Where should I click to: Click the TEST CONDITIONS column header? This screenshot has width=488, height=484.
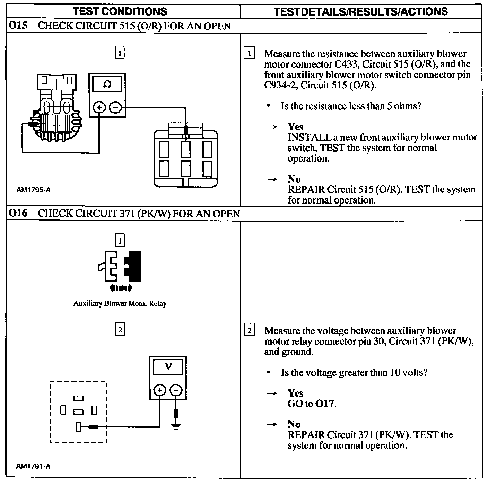tap(120, 11)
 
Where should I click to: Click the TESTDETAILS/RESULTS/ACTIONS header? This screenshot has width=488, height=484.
tap(360, 11)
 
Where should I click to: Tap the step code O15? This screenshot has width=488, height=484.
tap(18, 26)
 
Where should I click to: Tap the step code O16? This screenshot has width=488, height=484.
tap(18, 213)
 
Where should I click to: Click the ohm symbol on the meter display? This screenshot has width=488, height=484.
tap(107, 85)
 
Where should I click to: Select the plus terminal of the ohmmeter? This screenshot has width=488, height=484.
tap(99, 107)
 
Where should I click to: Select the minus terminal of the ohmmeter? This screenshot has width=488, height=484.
tap(115, 107)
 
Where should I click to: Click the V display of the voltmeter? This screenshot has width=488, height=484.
tap(168, 366)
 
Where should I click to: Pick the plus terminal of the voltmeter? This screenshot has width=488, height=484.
tap(160, 390)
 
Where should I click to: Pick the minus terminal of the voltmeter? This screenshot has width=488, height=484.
tap(176, 390)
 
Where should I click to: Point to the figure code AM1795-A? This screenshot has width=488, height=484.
tap(33, 190)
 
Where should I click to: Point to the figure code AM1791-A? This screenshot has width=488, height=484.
tap(33, 466)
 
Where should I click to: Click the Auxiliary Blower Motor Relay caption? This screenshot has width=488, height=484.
tap(120, 304)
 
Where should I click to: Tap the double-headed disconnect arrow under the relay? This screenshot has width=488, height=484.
tap(120, 287)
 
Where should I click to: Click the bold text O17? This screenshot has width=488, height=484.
tap(325, 404)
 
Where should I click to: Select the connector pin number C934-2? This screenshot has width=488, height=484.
tap(280, 85)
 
